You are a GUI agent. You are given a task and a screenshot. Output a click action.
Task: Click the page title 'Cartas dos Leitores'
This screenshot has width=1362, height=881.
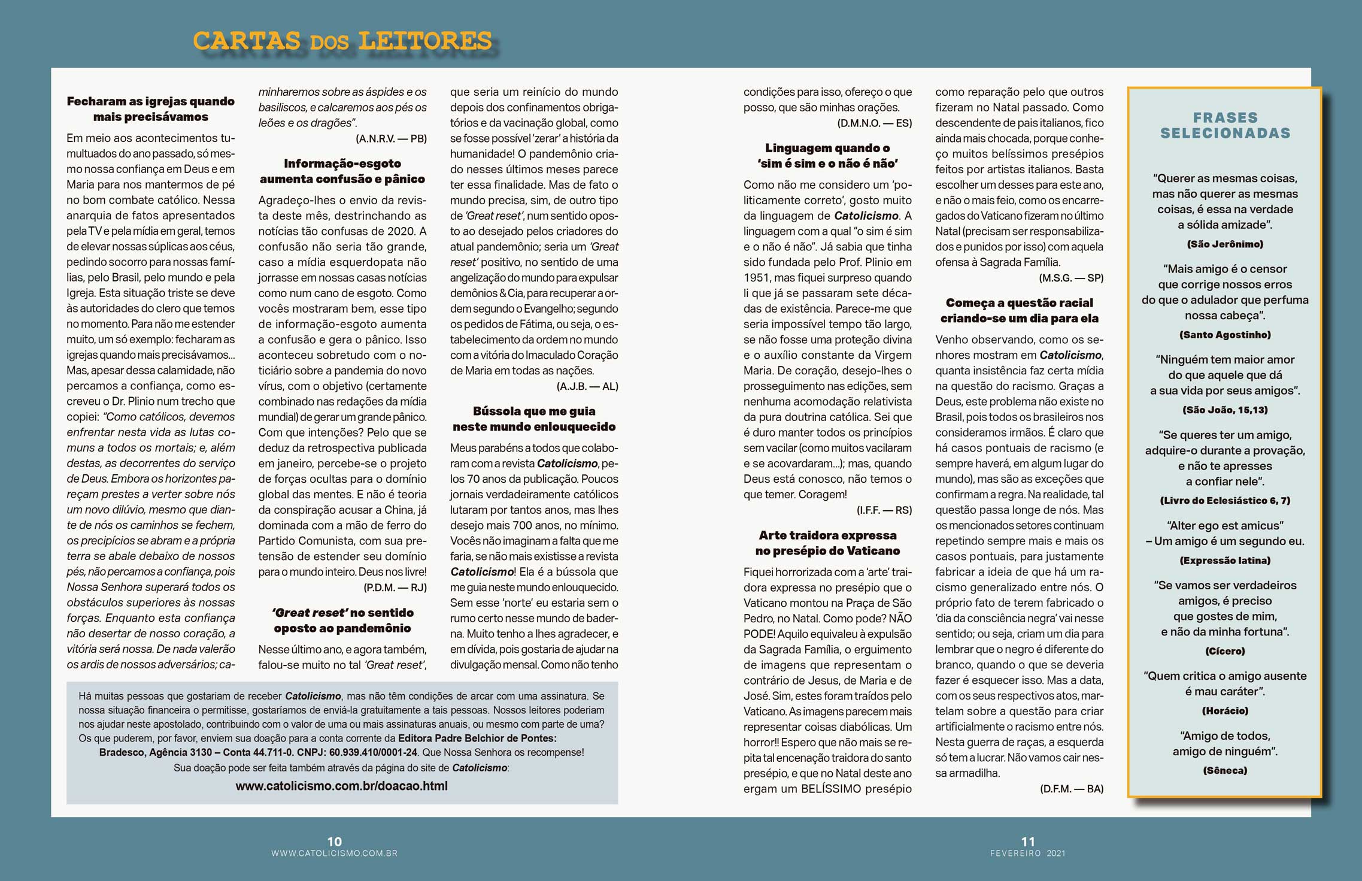click(x=342, y=41)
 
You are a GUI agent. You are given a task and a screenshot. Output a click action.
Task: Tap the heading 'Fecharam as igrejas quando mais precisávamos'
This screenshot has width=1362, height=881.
click(x=150, y=109)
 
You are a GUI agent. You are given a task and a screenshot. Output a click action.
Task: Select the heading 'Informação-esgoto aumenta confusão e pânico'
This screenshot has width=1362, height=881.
click(x=342, y=171)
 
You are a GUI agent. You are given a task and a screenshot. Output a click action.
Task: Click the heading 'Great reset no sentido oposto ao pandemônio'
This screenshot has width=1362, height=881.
click(x=342, y=620)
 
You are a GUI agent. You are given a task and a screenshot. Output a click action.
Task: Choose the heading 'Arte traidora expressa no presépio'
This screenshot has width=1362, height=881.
click(x=827, y=543)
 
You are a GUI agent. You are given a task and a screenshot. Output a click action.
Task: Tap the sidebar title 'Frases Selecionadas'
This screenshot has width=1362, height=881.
click(x=1225, y=125)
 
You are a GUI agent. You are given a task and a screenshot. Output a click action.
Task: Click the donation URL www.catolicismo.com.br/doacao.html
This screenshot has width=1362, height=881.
click(x=341, y=786)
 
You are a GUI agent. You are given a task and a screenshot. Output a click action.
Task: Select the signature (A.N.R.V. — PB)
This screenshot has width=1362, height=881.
click(x=391, y=138)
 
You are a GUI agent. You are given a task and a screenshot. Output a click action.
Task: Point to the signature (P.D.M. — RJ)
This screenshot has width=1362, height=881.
click(x=395, y=588)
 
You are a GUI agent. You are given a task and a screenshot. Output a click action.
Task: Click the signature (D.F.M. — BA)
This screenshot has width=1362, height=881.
click(x=1072, y=789)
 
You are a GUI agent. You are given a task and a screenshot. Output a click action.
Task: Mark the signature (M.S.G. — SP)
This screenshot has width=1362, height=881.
click(x=1071, y=278)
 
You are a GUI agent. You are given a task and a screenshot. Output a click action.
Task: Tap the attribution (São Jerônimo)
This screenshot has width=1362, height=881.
click(x=1225, y=244)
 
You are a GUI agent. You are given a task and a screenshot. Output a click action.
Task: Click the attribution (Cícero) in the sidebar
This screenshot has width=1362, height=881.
click(x=1225, y=650)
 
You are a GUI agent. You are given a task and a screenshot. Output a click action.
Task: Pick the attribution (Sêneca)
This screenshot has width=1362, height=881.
click(x=1225, y=770)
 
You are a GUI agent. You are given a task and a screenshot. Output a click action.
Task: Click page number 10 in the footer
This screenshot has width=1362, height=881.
click(x=334, y=841)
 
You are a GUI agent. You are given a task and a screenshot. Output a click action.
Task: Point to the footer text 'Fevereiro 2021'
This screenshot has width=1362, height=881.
click(x=1027, y=853)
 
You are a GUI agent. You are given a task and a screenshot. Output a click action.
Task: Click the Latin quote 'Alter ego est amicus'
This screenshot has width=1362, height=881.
click(x=1225, y=525)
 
